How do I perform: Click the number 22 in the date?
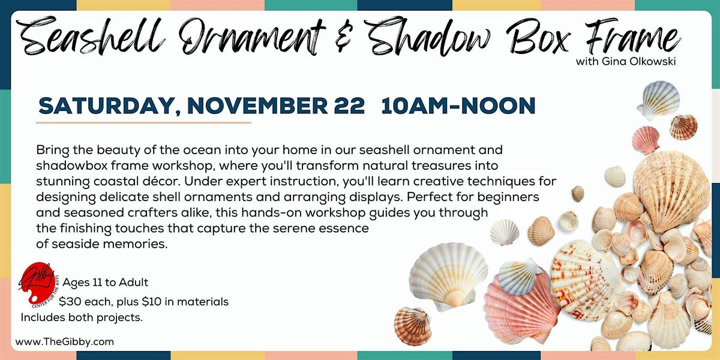coord(347,106)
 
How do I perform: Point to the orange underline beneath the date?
coord(143,122)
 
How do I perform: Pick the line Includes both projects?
coord(82,317)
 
